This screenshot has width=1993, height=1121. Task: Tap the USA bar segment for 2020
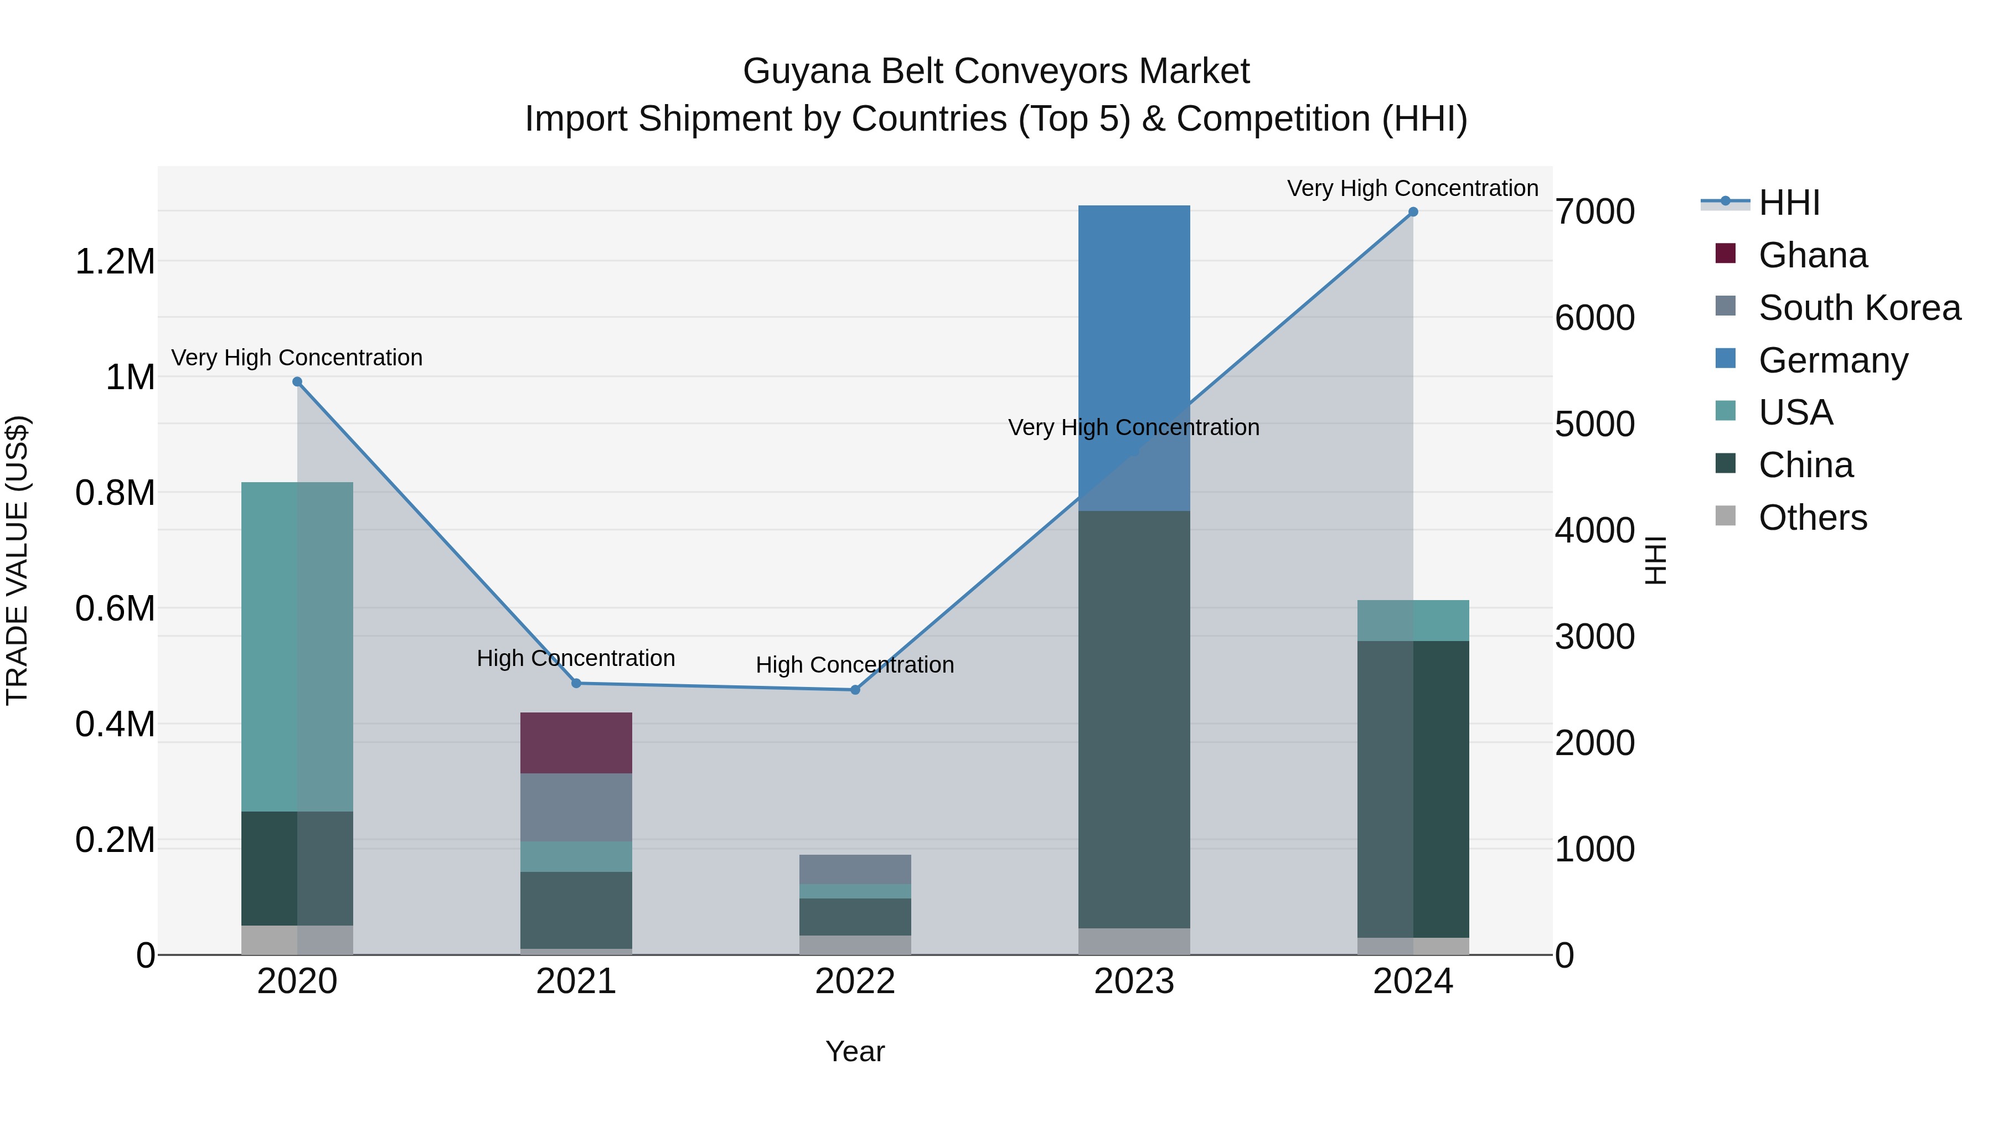(297, 646)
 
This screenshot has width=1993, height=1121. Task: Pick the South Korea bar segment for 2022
(855, 869)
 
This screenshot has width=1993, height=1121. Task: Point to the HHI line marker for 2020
(297, 381)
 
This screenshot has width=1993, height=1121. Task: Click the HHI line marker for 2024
(1413, 212)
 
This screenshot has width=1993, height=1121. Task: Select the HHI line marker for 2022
(855, 689)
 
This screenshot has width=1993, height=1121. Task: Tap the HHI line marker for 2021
(576, 683)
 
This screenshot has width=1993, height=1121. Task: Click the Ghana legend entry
(1812, 255)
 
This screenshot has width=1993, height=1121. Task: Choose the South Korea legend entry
(1858, 308)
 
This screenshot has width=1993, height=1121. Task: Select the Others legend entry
(1812, 518)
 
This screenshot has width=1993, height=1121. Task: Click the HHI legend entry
(1789, 203)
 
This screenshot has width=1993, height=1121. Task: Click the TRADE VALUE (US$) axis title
(17, 560)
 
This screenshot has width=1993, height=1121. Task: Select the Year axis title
(855, 1051)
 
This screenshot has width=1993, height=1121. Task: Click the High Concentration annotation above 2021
(576, 658)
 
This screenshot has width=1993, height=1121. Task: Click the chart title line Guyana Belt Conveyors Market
(996, 71)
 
